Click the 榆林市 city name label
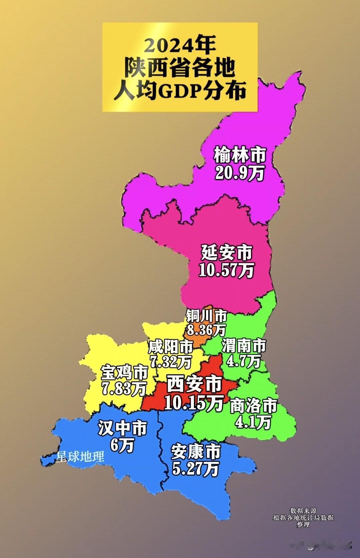tap(240, 155)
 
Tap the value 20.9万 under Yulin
tap(239, 173)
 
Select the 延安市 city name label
tap(227, 252)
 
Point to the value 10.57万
tap(226, 270)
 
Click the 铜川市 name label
tap(206, 316)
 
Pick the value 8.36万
tap(206, 330)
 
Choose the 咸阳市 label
tap(171, 347)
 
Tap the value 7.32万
tap(170, 362)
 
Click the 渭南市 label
tap(244, 346)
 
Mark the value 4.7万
tap(244, 361)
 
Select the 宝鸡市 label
tap(124, 372)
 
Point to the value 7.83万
tap(124, 389)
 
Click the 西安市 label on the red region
tap(194, 384)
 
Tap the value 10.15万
tap(194, 403)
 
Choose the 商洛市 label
tap(254, 406)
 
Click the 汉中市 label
tap(122, 428)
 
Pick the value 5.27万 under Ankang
tap(195, 469)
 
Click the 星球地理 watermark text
tap(80, 457)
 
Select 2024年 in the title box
tap(180, 45)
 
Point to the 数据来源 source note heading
tap(303, 511)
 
